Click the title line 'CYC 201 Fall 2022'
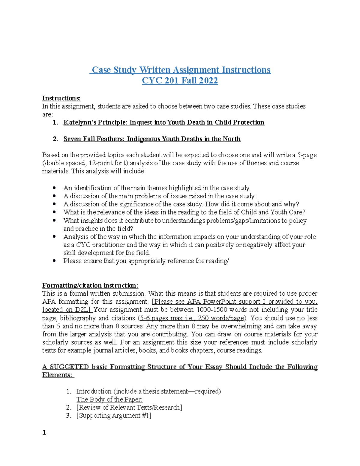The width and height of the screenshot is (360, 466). pos(180,81)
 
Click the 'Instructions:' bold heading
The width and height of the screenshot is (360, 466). pos(61,98)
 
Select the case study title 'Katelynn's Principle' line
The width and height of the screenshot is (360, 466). pos(164,122)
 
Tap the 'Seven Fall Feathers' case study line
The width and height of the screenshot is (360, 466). pos(152,139)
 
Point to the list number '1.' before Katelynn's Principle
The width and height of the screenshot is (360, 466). pos(55,122)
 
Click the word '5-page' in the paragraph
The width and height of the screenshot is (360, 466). pos(307,155)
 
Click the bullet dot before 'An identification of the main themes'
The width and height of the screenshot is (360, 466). pos(54,188)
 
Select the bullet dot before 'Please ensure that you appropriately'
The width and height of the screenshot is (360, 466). pos(54,261)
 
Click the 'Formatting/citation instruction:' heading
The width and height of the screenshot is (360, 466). pos(90,285)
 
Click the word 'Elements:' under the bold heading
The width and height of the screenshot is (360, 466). pos(58,375)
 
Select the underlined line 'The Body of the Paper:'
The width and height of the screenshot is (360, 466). pos(109,399)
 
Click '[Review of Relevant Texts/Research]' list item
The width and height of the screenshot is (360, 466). pos(129,407)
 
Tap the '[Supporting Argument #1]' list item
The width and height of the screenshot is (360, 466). pos(114,416)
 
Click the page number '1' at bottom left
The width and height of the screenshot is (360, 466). pos(44,432)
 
